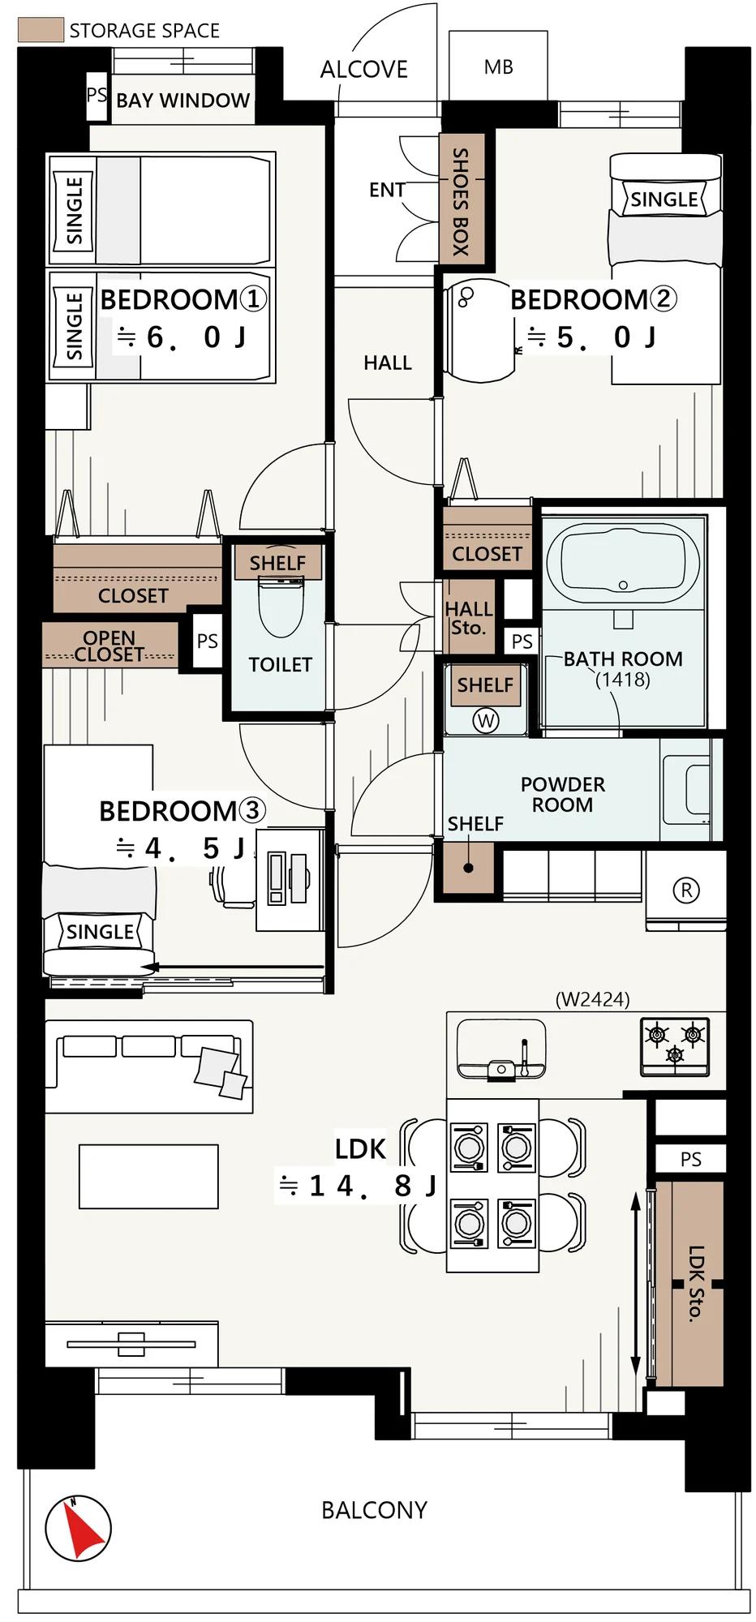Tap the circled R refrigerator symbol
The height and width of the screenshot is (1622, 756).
[686, 890]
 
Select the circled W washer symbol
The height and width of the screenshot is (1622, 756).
[486, 720]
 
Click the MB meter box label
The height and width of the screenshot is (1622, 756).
[499, 67]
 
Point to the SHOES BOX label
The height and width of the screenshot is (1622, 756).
[461, 202]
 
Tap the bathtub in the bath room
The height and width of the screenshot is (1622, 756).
[623, 562]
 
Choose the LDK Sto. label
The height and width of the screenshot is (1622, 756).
[696, 1283]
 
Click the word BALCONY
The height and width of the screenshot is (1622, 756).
[374, 1510]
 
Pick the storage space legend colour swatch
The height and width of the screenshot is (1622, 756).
[41, 30]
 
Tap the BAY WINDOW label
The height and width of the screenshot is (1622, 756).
[183, 101]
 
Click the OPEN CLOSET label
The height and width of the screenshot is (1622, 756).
[110, 646]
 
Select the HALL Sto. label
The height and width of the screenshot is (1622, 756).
[468, 618]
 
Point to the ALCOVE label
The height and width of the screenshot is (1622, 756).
[364, 70]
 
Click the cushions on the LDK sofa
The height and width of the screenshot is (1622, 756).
[221, 1073]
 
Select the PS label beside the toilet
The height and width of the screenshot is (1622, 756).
[207, 641]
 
